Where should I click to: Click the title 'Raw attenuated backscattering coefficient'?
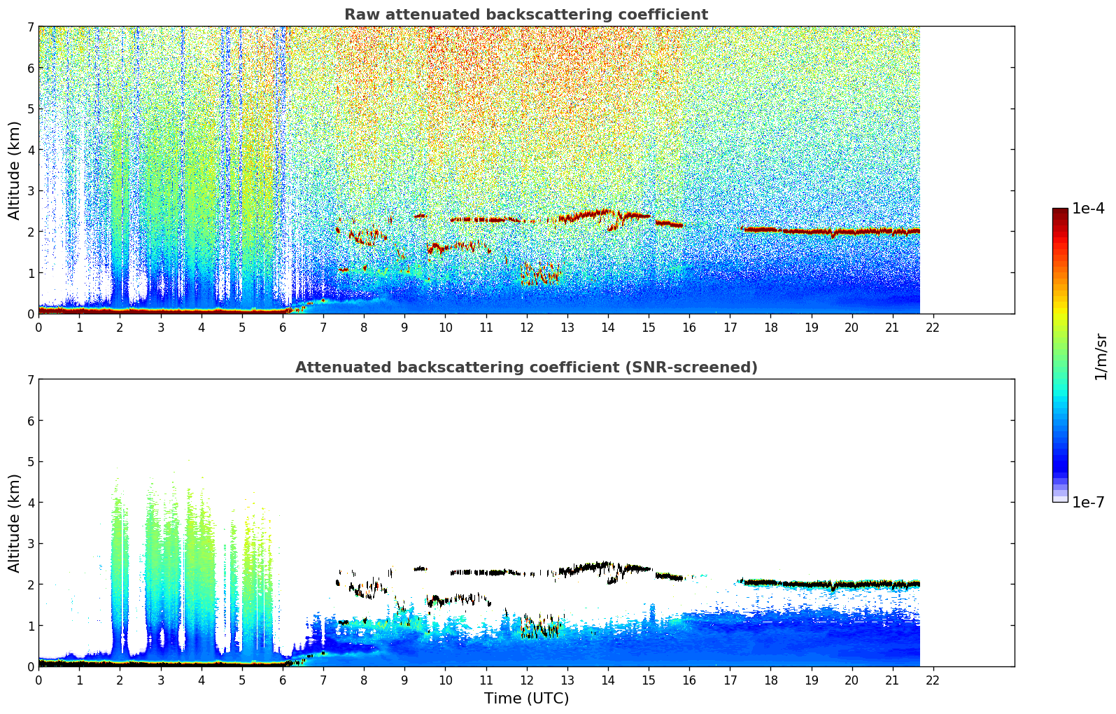click(525, 15)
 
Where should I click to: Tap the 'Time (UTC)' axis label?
click(526, 699)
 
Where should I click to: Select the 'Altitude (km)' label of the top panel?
click(15, 170)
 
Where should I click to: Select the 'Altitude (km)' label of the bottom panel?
click(15, 523)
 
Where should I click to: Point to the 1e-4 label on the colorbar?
click(1088, 209)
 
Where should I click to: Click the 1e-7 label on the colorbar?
click(1088, 503)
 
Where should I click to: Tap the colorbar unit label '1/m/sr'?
click(1101, 356)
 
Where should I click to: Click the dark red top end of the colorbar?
click(1060, 211)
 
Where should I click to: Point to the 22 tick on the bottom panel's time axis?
click(933, 680)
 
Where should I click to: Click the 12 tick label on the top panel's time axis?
click(526, 327)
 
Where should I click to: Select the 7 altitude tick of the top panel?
click(30, 27)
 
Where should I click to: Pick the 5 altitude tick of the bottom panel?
click(30, 462)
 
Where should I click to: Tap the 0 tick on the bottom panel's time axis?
click(38, 680)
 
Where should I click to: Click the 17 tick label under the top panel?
click(730, 327)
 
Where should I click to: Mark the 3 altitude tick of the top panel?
click(30, 191)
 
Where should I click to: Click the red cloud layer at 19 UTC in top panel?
click(811, 231)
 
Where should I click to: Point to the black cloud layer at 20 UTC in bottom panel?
click(852, 584)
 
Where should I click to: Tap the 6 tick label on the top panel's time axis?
click(283, 327)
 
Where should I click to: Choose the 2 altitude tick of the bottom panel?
click(30, 584)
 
